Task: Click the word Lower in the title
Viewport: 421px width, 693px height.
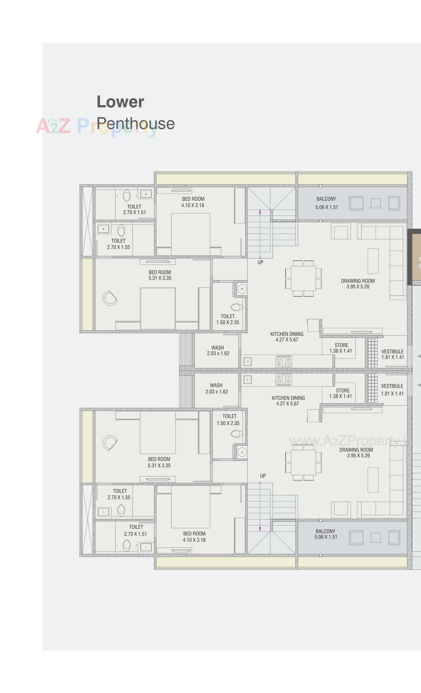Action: [x=120, y=102]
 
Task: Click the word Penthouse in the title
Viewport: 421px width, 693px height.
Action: [x=136, y=124]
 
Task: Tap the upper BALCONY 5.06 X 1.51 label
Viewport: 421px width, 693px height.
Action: [x=326, y=203]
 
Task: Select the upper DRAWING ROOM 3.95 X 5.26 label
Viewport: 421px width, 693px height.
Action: [x=358, y=283]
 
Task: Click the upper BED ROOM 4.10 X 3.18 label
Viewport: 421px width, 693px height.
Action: [x=193, y=202]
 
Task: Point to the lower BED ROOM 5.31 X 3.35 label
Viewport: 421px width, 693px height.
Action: [x=159, y=462]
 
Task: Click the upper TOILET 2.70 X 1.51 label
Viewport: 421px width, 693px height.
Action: [x=134, y=209]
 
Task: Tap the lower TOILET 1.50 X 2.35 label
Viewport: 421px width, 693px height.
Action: [x=228, y=419]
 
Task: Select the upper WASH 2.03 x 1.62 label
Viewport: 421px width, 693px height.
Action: [x=218, y=350]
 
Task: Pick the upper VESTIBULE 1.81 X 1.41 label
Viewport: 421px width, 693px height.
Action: [x=393, y=354]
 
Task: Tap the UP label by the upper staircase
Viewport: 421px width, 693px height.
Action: [x=260, y=262]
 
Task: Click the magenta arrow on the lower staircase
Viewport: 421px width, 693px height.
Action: [x=260, y=529]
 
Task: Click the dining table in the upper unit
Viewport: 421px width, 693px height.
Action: [x=303, y=278]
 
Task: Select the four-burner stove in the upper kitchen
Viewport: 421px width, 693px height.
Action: [x=283, y=362]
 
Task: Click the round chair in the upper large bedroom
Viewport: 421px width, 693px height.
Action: [x=110, y=298]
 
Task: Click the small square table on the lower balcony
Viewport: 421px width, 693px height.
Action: [x=376, y=538]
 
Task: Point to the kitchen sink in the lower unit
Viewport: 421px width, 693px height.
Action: [x=248, y=380]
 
